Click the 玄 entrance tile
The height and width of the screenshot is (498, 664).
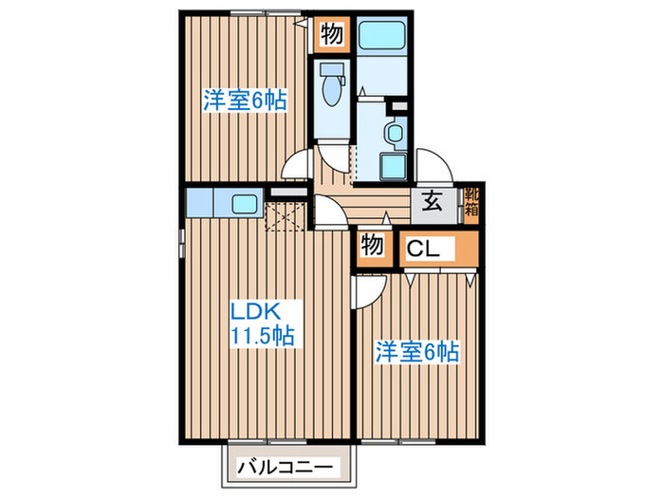(x=430, y=201)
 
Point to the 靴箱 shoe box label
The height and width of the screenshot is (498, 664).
(x=470, y=202)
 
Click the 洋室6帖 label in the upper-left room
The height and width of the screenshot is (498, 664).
(x=245, y=100)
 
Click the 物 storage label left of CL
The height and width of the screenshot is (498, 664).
(x=373, y=246)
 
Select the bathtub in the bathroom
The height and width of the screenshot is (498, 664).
(x=383, y=37)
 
